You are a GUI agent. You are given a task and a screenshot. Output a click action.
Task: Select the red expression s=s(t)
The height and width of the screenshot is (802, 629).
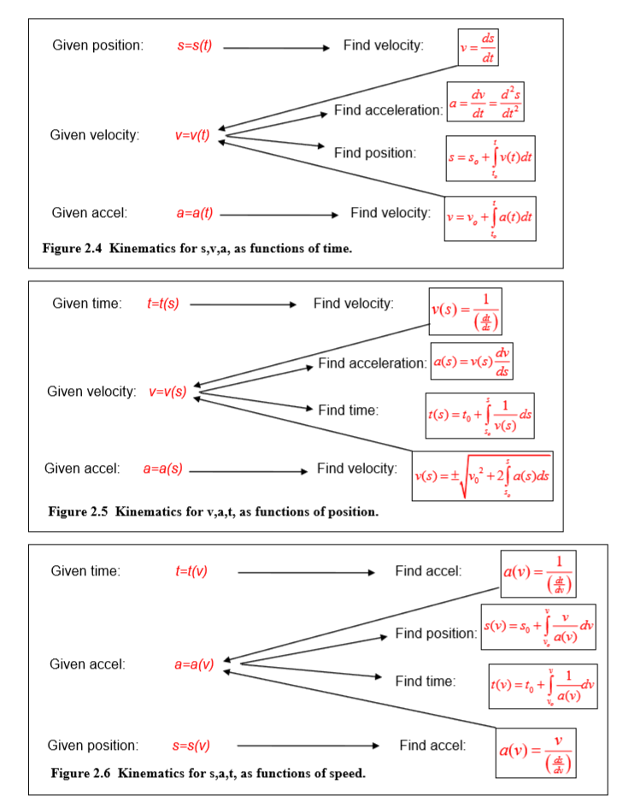195,45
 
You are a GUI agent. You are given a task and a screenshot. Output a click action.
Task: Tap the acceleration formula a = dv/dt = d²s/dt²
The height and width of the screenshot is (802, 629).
485,103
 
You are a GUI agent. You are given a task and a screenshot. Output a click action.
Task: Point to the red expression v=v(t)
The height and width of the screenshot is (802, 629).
192,135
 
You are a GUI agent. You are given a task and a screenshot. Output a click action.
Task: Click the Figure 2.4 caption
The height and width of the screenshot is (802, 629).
197,249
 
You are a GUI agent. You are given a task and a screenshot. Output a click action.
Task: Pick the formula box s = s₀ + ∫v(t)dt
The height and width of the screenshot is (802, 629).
491,158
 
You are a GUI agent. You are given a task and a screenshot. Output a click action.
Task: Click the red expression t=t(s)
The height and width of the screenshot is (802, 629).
163,304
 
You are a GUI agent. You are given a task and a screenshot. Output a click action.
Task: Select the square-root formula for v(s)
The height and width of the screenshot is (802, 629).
482,476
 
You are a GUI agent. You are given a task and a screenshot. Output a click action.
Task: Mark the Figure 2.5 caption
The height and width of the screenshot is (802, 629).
213,512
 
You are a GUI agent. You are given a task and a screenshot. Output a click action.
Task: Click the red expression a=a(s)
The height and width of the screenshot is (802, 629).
162,469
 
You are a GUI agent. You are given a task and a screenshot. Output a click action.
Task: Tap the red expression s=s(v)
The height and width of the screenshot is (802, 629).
191,746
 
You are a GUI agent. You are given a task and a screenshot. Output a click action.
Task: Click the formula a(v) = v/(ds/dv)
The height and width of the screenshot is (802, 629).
535,752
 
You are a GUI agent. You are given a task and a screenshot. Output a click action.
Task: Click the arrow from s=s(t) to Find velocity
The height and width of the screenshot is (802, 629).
275,48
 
